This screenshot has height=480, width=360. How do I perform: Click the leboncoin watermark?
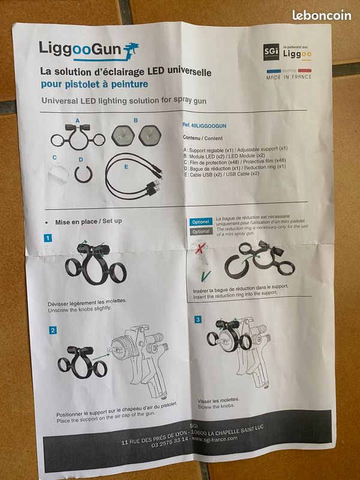click(322, 15)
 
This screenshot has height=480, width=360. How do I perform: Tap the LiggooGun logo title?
click(89, 50)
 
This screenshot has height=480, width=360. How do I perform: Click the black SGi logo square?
click(271, 52)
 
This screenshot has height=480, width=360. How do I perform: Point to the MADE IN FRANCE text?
click(289, 77)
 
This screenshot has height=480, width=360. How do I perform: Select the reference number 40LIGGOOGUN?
click(205, 125)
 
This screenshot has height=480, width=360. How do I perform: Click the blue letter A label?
click(77, 121)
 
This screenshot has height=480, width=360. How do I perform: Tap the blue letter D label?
click(80, 160)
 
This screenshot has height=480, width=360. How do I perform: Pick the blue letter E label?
click(126, 167)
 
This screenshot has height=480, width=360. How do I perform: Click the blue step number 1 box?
click(48, 238)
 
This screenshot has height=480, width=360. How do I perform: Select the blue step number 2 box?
click(53, 331)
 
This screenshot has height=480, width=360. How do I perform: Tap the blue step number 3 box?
click(198, 320)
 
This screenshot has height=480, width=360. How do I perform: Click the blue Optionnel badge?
click(201, 222)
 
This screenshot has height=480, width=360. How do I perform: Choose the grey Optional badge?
click(201, 232)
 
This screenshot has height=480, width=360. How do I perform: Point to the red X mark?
click(200, 247)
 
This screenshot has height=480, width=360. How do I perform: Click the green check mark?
click(205, 277)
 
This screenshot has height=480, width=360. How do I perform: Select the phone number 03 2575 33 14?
click(170, 442)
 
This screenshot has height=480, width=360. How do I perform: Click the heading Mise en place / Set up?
click(88, 221)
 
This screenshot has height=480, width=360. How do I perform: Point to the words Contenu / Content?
click(203, 138)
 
